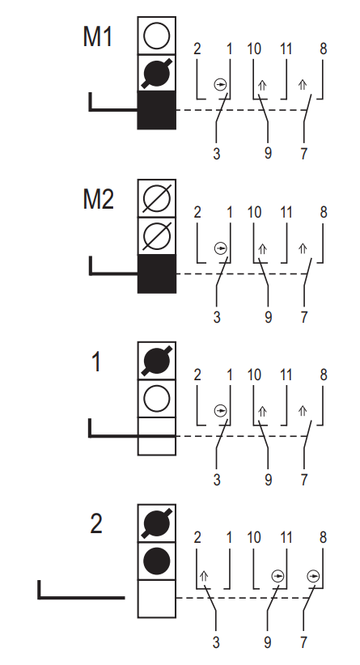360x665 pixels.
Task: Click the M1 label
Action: (x=98, y=36)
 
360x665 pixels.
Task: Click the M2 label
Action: (x=99, y=199)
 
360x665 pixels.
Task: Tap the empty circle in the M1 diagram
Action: (x=156, y=36)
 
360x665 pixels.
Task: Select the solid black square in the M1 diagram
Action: (x=156, y=110)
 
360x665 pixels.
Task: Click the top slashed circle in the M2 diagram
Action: (x=156, y=198)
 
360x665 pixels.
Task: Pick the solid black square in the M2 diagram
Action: (x=156, y=273)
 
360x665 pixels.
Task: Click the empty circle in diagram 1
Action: (x=156, y=399)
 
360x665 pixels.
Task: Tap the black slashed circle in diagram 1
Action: (x=156, y=361)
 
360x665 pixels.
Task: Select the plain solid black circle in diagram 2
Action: (x=156, y=561)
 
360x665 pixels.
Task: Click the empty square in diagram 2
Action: (x=156, y=599)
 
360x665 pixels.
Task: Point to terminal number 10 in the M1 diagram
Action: (x=254, y=49)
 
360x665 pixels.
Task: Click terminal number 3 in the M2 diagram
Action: (x=217, y=317)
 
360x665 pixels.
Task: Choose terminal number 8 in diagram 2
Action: (x=323, y=538)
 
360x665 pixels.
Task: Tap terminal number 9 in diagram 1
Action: (x=268, y=480)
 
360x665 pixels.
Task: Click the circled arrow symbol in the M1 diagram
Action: (x=221, y=85)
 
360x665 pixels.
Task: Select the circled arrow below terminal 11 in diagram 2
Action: (x=277, y=576)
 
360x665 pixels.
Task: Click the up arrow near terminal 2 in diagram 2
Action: (x=204, y=576)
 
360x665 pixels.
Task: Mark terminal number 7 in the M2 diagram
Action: (x=304, y=317)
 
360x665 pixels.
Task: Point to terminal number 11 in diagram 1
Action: (x=286, y=375)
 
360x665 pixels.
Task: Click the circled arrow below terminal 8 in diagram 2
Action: (x=313, y=576)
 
